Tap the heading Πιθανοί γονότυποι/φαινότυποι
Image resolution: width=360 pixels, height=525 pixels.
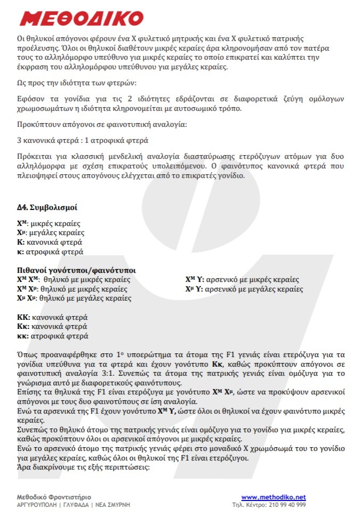click(76, 270)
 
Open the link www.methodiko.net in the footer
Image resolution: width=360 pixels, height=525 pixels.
click(273, 497)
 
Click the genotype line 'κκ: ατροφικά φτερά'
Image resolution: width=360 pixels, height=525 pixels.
click(53, 336)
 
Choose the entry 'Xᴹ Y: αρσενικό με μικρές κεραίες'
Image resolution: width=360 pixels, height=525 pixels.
click(242, 280)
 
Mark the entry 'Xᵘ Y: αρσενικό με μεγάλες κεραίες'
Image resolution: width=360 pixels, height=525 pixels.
click(244, 289)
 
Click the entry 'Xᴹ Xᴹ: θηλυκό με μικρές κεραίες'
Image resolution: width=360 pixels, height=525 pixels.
click(74, 280)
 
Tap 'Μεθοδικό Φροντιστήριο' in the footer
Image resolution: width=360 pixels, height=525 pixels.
click(54, 497)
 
